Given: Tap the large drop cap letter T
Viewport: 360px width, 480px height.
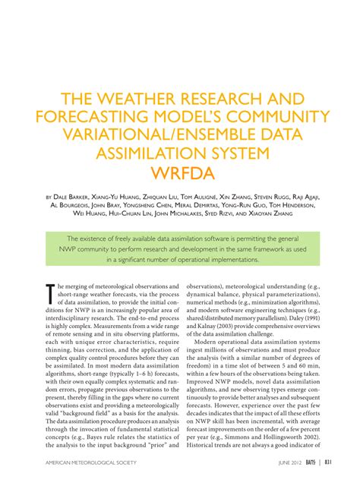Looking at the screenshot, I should [50, 293].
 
